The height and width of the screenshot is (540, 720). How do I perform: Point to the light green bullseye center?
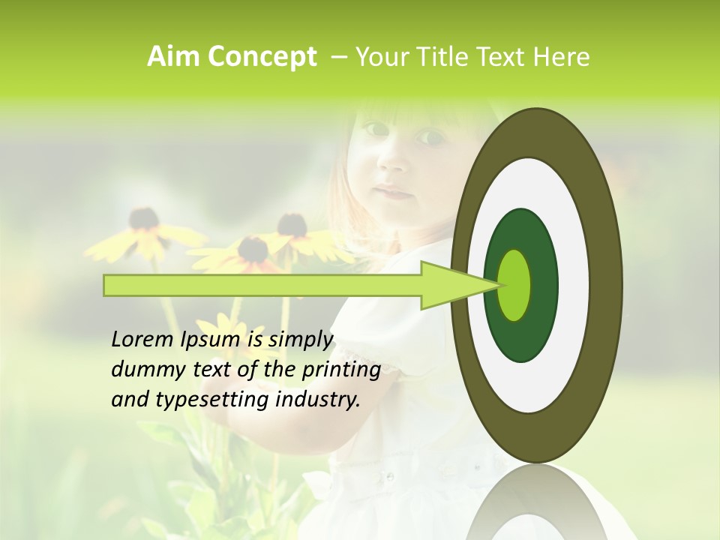click(x=514, y=286)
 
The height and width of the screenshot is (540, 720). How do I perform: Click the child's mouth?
click(x=393, y=192)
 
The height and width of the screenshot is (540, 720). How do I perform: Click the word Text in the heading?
click(x=500, y=57)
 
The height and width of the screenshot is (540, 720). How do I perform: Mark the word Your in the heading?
click(x=379, y=57)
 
